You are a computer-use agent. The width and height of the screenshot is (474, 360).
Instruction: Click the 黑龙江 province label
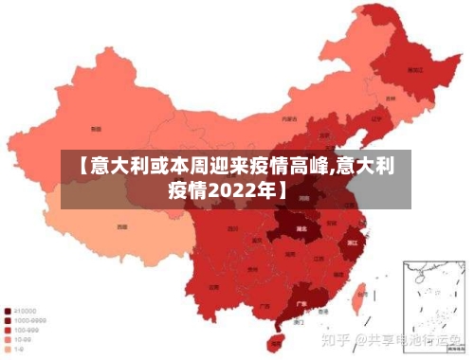413,69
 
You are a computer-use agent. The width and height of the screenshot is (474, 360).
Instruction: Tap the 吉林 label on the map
391,98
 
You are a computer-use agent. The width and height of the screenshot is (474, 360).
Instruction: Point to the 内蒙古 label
288,119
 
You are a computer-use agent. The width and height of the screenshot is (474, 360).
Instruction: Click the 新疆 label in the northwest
95,128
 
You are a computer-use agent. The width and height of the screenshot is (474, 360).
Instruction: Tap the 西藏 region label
121,227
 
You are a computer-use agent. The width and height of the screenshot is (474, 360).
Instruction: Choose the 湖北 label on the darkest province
302,229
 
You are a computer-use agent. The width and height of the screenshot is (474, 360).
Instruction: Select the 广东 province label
301,304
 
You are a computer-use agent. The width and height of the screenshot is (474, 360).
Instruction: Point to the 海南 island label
277,339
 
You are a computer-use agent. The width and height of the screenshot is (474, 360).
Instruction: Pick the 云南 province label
214,285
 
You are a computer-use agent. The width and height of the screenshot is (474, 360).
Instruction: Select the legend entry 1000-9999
26,320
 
